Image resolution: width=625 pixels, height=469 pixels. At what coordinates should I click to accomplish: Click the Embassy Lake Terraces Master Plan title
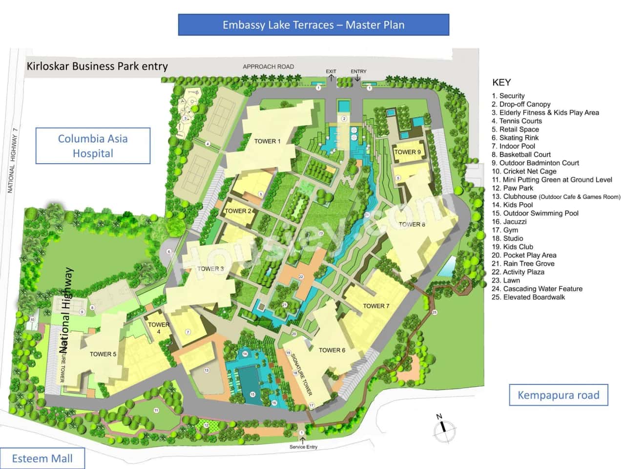(313, 25)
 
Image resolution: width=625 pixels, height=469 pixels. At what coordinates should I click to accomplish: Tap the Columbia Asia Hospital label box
(93, 146)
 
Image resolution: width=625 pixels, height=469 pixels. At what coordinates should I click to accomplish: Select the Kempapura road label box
(559, 395)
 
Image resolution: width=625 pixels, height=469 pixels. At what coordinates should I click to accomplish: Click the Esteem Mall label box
(42, 459)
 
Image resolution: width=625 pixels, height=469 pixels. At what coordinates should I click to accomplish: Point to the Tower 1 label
(268, 142)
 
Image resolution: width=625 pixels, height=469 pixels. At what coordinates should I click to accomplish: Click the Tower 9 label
(407, 152)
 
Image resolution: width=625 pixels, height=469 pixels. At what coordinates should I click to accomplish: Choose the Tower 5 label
(103, 354)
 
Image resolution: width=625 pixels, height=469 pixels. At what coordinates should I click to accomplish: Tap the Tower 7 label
(376, 306)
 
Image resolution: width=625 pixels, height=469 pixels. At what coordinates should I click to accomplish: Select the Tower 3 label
(210, 269)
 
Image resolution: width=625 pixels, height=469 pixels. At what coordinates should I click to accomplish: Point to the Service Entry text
(303, 447)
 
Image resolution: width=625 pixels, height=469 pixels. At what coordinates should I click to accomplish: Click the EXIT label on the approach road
(331, 71)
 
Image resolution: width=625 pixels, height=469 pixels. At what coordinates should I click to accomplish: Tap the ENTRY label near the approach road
(358, 71)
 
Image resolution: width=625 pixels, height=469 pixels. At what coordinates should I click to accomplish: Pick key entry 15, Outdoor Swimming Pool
(535, 213)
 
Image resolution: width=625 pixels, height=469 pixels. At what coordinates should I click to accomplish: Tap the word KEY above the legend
(501, 83)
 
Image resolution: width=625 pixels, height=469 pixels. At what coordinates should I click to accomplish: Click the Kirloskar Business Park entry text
(97, 66)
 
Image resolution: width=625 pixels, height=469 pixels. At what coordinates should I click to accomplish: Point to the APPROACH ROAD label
(268, 67)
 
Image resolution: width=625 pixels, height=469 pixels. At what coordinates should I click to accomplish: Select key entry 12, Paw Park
(513, 188)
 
